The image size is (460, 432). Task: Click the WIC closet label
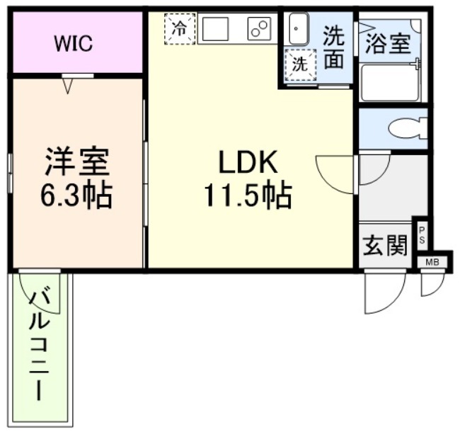click(x=74, y=43)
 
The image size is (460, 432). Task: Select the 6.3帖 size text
click(x=77, y=195)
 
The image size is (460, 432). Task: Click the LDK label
click(x=248, y=164)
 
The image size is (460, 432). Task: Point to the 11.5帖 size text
click(x=248, y=195)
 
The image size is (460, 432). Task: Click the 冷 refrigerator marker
click(x=180, y=29)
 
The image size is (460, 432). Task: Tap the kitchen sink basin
click(x=215, y=29)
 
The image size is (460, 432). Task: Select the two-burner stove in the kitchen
click(x=258, y=29)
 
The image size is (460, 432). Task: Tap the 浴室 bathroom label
click(x=389, y=43)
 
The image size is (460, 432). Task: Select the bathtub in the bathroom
click(x=389, y=83)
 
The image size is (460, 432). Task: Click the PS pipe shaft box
click(x=421, y=235)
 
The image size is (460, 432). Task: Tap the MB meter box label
click(x=432, y=262)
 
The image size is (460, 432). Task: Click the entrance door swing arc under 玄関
click(x=384, y=292)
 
